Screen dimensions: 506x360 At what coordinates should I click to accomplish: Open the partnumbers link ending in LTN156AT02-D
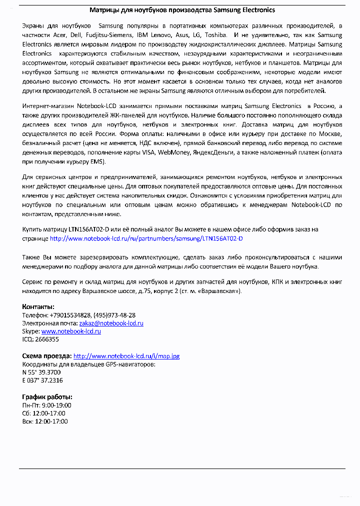tap(146, 238)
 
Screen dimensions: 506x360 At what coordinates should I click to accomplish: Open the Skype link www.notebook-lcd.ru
tap(71, 331)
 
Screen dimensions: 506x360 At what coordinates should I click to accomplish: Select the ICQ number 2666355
tap(46, 339)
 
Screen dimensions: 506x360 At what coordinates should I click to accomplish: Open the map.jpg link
tap(126, 356)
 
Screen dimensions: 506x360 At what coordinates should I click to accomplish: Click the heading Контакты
tap(38, 306)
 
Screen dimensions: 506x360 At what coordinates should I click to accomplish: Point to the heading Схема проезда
tap(47, 356)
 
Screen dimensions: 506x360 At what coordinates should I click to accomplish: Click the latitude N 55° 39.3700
tap(41, 372)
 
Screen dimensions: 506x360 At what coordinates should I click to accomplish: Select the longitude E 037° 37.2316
tap(42, 380)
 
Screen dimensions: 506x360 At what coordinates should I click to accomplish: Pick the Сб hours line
tap(44, 413)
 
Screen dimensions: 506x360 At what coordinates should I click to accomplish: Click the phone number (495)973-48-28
tap(114, 315)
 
